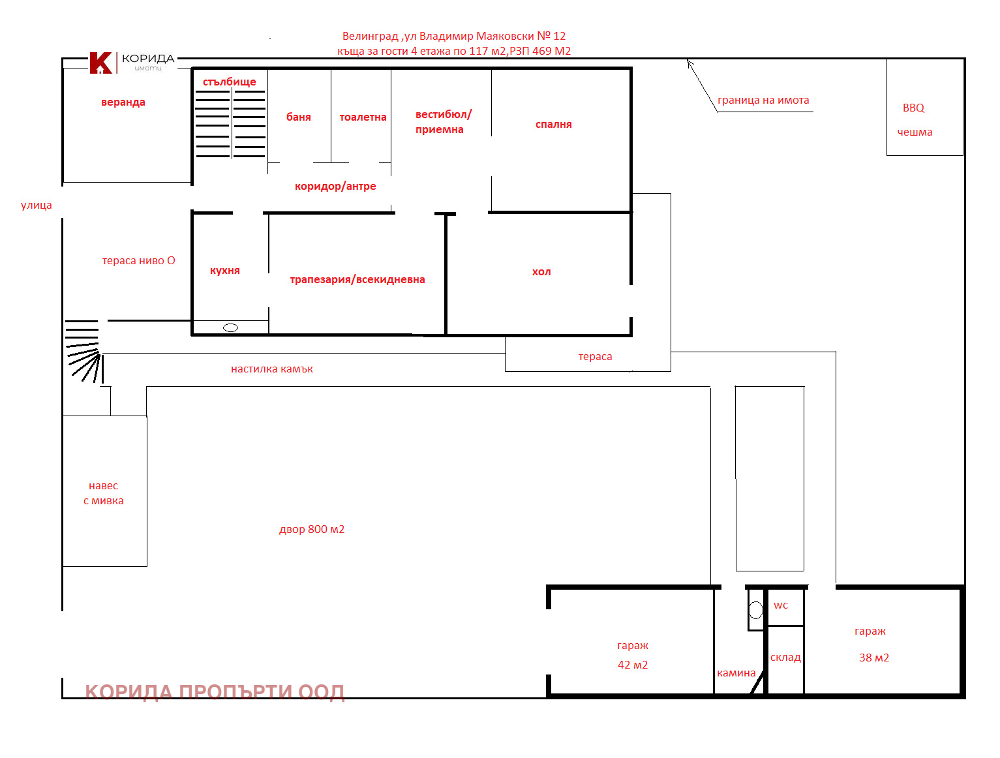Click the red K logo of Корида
click(x=100, y=63)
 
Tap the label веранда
click(x=123, y=102)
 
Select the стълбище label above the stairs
click(x=228, y=81)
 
